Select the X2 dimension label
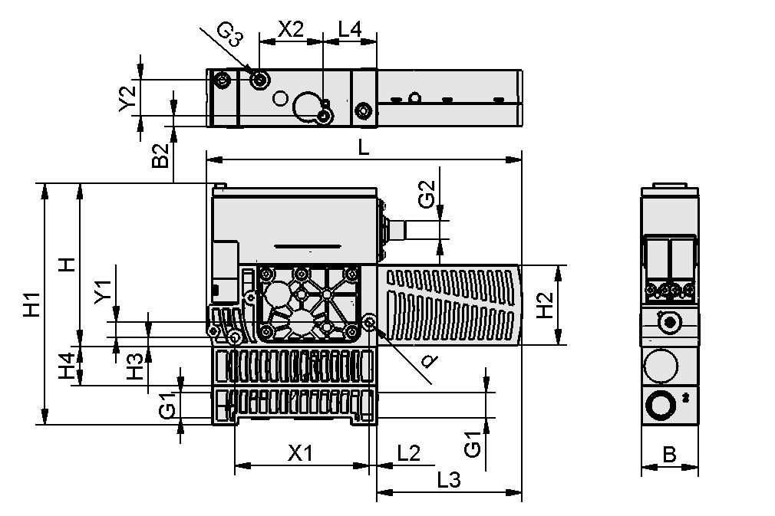pyautogui.click(x=290, y=30)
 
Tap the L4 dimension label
pyautogui.click(x=350, y=30)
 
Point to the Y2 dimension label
pyautogui.click(x=128, y=98)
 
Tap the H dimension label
pyautogui.click(x=68, y=265)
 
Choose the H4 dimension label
pyautogui.click(x=68, y=366)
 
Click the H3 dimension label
pyautogui.click(x=135, y=366)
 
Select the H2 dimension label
pyautogui.click(x=544, y=305)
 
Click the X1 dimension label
pyautogui.click(x=300, y=453)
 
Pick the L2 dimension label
pyautogui.click(x=408, y=453)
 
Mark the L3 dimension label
pyautogui.click(x=448, y=481)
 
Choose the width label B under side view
pyautogui.click(x=669, y=455)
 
